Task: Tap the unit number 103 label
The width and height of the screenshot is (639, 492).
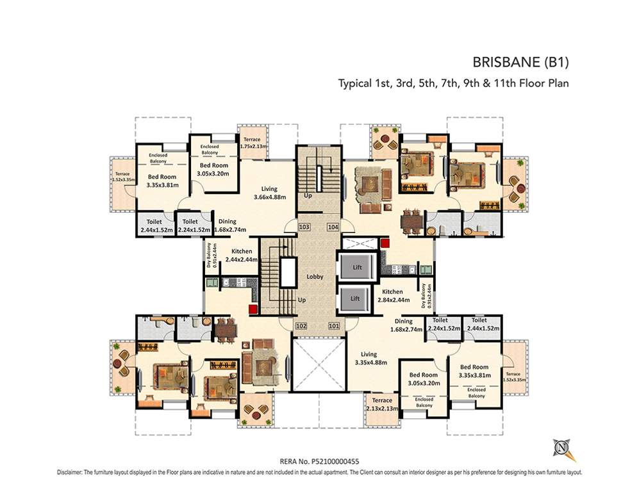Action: pyautogui.click(x=304, y=227)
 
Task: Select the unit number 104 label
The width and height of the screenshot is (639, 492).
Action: pyautogui.click(x=333, y=227)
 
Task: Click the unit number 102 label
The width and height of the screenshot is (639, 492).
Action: pyautogui.click(x=301, y=325)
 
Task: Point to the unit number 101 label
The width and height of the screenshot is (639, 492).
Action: pyautogui.click(x=333, y=325)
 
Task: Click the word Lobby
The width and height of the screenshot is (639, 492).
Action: pyautogui.click(x=315, y=277)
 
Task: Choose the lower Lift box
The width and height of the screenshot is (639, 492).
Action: pyautogui.click(x=355, y=299)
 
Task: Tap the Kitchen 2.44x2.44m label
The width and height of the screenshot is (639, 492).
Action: pyautogui.click(x=242, y=256)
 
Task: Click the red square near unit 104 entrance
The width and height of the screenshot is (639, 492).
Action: pyautogui.click(x=385, y=243)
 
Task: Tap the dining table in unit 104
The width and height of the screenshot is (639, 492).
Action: pyautogui.click(x=411, y=222)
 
